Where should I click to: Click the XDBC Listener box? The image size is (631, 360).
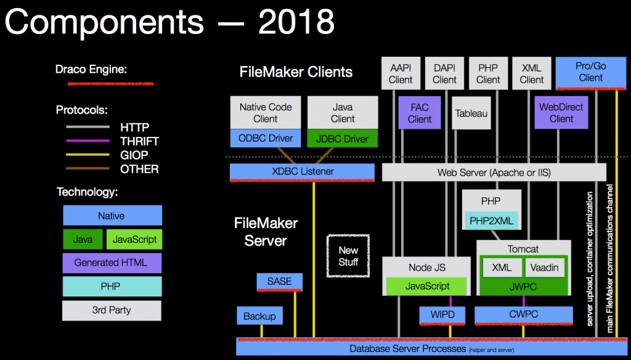[x=302, y=172]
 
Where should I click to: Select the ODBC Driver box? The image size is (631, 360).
[x=266, y=138]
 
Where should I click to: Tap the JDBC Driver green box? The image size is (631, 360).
[x=343, y=138]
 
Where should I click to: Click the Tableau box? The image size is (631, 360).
[x=471, y=113]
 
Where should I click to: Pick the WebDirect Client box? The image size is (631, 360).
[x=561, y=112]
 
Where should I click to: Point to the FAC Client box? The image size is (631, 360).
[x=419, y=113]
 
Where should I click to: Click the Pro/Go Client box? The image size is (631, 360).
[x=590, y=72]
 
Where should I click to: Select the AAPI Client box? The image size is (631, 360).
[x=401, y=73]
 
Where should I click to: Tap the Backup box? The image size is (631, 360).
[x=259, y=316]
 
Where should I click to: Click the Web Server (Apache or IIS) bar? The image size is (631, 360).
[x=494, y=173]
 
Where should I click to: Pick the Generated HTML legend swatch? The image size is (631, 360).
[x=111, y=263]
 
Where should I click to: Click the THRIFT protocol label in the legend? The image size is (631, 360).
[x=139, y=141]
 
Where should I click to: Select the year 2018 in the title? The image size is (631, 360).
[x=296, y=23]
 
